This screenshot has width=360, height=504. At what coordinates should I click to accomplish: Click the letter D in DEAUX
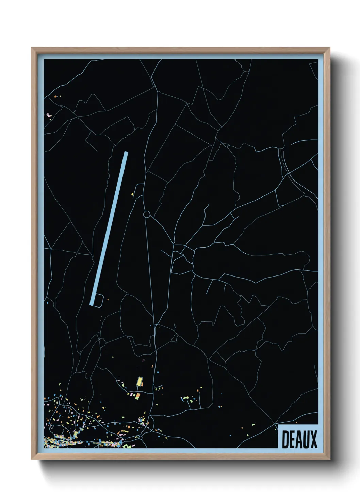tap(285, 440)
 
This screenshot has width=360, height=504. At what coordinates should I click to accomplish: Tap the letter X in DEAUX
tap(313, 440)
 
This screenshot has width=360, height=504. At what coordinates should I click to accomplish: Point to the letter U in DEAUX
tap(306, 440)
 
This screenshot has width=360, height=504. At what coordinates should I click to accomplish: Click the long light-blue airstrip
tap(109, 228)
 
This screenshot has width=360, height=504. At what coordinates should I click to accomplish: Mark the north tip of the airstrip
tap(126, 153)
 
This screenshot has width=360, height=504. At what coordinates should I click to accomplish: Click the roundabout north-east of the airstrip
tap(147, 214)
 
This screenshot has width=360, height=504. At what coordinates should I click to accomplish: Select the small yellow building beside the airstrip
tap(132, 194)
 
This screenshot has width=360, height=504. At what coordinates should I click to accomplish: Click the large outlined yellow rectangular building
tap(139, 381)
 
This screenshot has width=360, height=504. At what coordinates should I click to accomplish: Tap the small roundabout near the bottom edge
tap(140, 437)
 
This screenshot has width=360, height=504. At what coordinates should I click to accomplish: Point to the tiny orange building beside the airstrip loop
tap(108, 300)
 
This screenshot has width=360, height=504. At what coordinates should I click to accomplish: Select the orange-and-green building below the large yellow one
tap(138, 396)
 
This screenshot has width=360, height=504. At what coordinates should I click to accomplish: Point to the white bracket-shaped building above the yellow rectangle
tap(143, 360)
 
